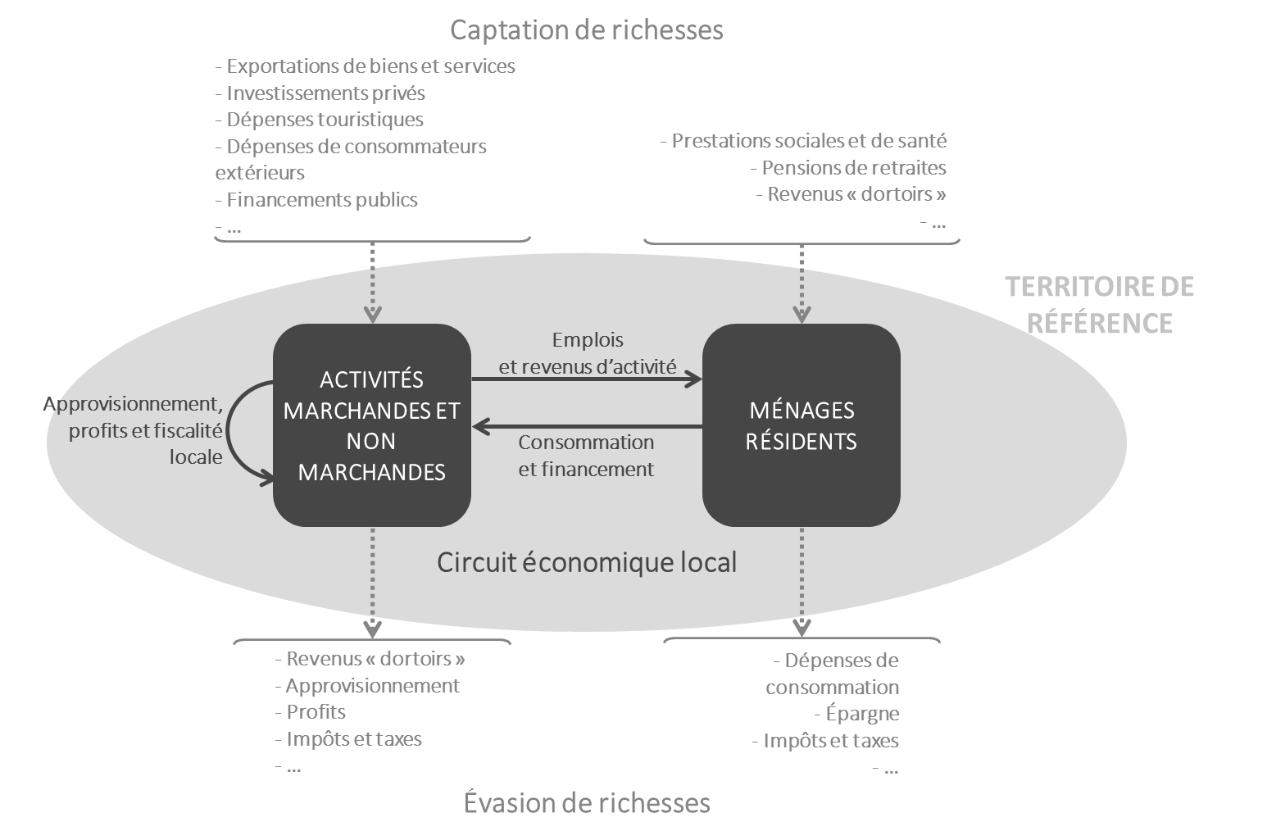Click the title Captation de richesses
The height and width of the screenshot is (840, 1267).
587,30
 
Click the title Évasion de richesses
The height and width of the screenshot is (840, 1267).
587,802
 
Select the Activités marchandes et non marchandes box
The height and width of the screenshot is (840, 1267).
372,425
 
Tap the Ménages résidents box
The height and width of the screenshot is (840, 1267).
801,425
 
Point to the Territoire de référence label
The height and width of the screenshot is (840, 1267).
1099,304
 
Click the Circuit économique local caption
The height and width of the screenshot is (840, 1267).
587,563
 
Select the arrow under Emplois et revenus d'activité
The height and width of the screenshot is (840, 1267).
587,379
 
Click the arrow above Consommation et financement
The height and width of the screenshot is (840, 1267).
587,427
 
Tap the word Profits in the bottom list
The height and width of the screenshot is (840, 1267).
316,712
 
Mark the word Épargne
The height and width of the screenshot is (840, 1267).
862,714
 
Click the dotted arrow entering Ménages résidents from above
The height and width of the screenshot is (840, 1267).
802,283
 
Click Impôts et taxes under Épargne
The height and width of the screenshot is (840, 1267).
830,741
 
